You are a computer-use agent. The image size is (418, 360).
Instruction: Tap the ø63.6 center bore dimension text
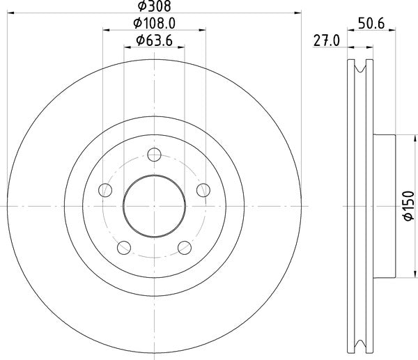click(155, 40)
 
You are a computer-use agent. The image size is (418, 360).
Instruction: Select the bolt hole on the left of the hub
click(105, 189)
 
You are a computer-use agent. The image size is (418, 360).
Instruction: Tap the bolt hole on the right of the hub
click(203, 189)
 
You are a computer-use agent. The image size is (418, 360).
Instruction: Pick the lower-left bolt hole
click(124, 247)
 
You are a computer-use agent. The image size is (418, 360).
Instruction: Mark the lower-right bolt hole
click(185, 247)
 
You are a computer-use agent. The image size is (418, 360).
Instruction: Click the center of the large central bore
click(155, 206)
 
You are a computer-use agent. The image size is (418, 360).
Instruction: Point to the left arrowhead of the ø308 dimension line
click(10, 12)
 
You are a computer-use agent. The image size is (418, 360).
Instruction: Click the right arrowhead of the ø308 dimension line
click(300, 12)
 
